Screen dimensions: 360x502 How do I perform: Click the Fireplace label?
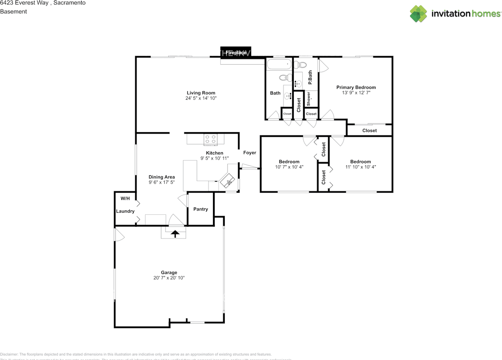point(236,52)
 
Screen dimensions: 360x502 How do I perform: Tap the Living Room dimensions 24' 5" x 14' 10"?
point(201,98)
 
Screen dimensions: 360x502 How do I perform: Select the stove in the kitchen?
point(211,139)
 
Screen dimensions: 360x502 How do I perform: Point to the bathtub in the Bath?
point(279,64)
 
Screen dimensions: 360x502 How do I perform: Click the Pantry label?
point(200,209)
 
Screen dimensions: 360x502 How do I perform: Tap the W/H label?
point(125,199)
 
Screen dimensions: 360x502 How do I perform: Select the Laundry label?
point(125,211)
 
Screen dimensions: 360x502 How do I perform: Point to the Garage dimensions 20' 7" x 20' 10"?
point(169,278)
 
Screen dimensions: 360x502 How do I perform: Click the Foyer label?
point(249,153)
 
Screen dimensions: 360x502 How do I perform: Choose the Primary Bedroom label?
point(356,87)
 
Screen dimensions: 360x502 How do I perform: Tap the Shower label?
point(309,99)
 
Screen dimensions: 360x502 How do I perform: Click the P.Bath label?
point(310,77)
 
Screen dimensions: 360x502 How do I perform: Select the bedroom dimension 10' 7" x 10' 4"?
point(289,167)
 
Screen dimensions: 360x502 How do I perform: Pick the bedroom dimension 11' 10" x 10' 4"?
point(360,167)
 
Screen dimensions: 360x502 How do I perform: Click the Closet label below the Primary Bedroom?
point(369,131)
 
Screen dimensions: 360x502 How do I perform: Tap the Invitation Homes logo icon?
point(418,14)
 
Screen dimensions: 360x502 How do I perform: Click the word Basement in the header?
point(13,11)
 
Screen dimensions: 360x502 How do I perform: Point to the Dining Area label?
point(162,177)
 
